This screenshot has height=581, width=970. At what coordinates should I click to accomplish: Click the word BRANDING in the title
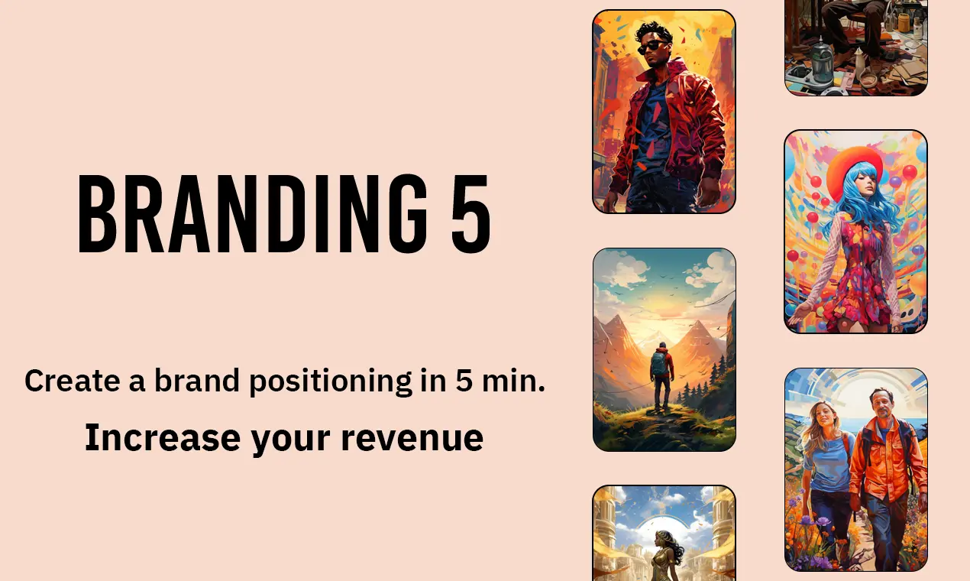(x=253, y=213)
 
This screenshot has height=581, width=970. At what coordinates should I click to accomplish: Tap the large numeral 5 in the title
(x=471, y=213)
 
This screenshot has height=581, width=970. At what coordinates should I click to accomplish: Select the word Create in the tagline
(x=73, y=380)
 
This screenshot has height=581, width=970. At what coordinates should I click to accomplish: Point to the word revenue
(x=412, y=438)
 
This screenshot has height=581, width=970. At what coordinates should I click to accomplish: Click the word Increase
(x=163, y=437)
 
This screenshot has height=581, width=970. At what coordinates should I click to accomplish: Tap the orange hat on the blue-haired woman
(x=853, y=167)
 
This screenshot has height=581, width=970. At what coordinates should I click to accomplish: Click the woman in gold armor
(x=666, y=557)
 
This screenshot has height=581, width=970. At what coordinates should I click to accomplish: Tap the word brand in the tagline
(x=196, y=380)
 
